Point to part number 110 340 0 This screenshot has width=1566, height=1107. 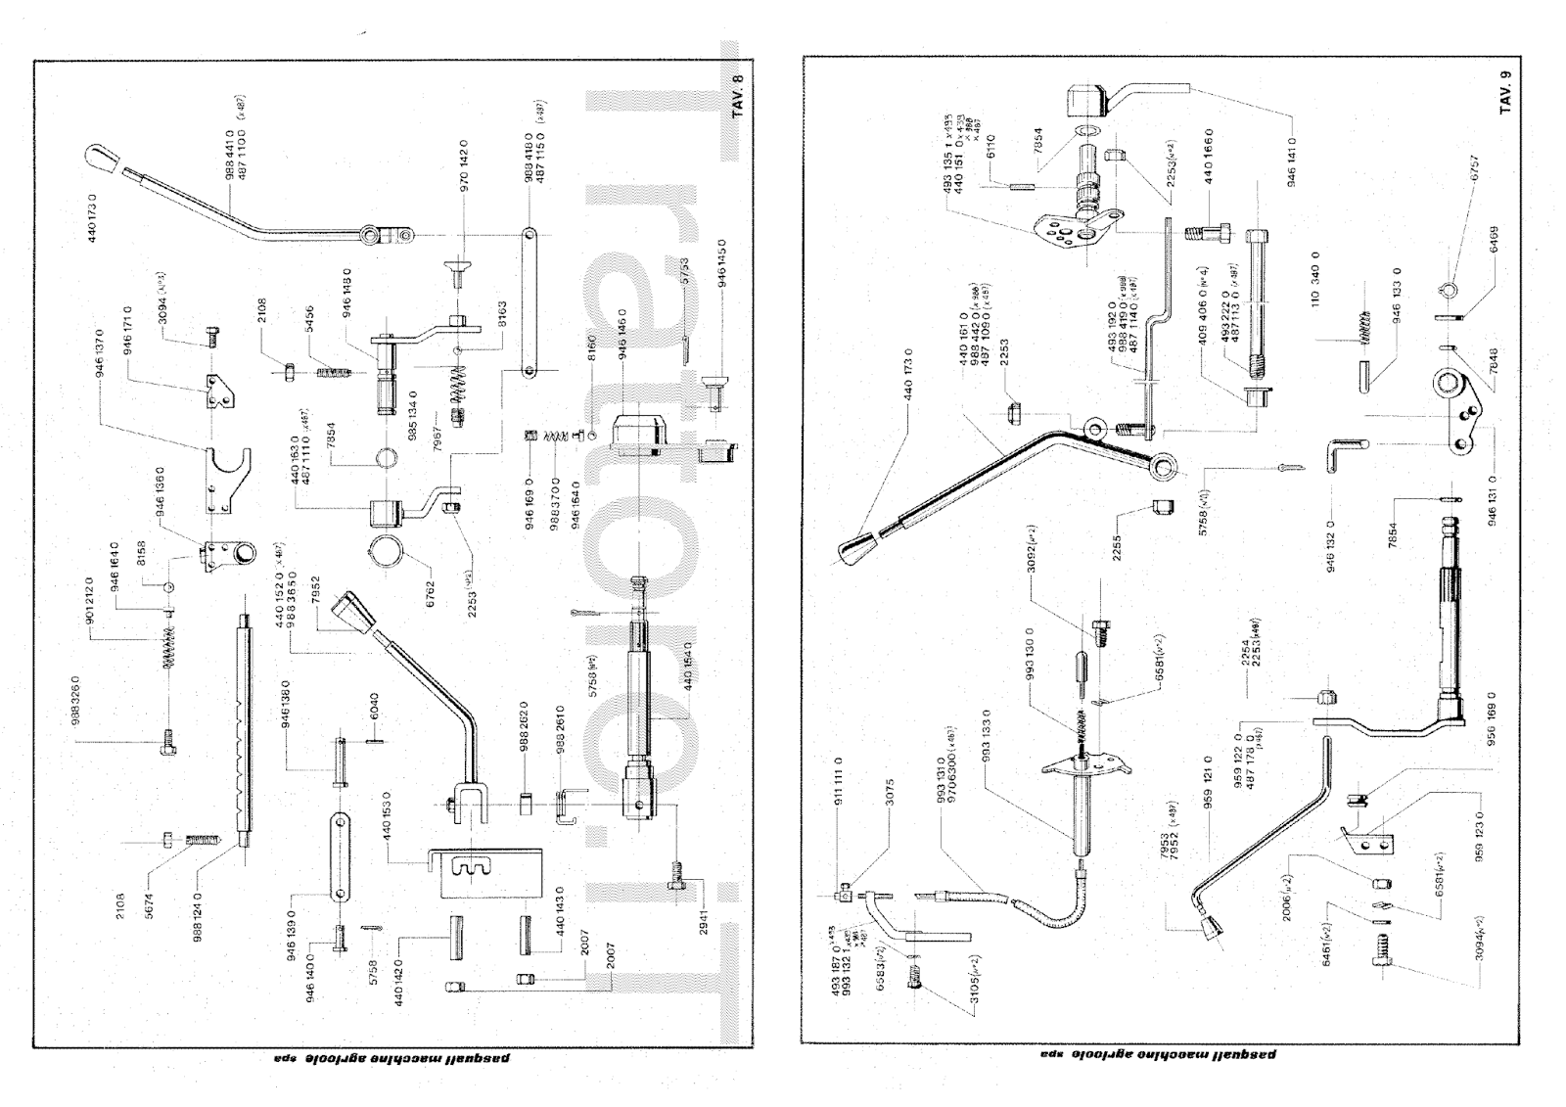(1316, 284)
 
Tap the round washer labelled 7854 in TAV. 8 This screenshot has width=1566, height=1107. (388, 457)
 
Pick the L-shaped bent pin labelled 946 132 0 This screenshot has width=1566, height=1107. (1340, 454)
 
